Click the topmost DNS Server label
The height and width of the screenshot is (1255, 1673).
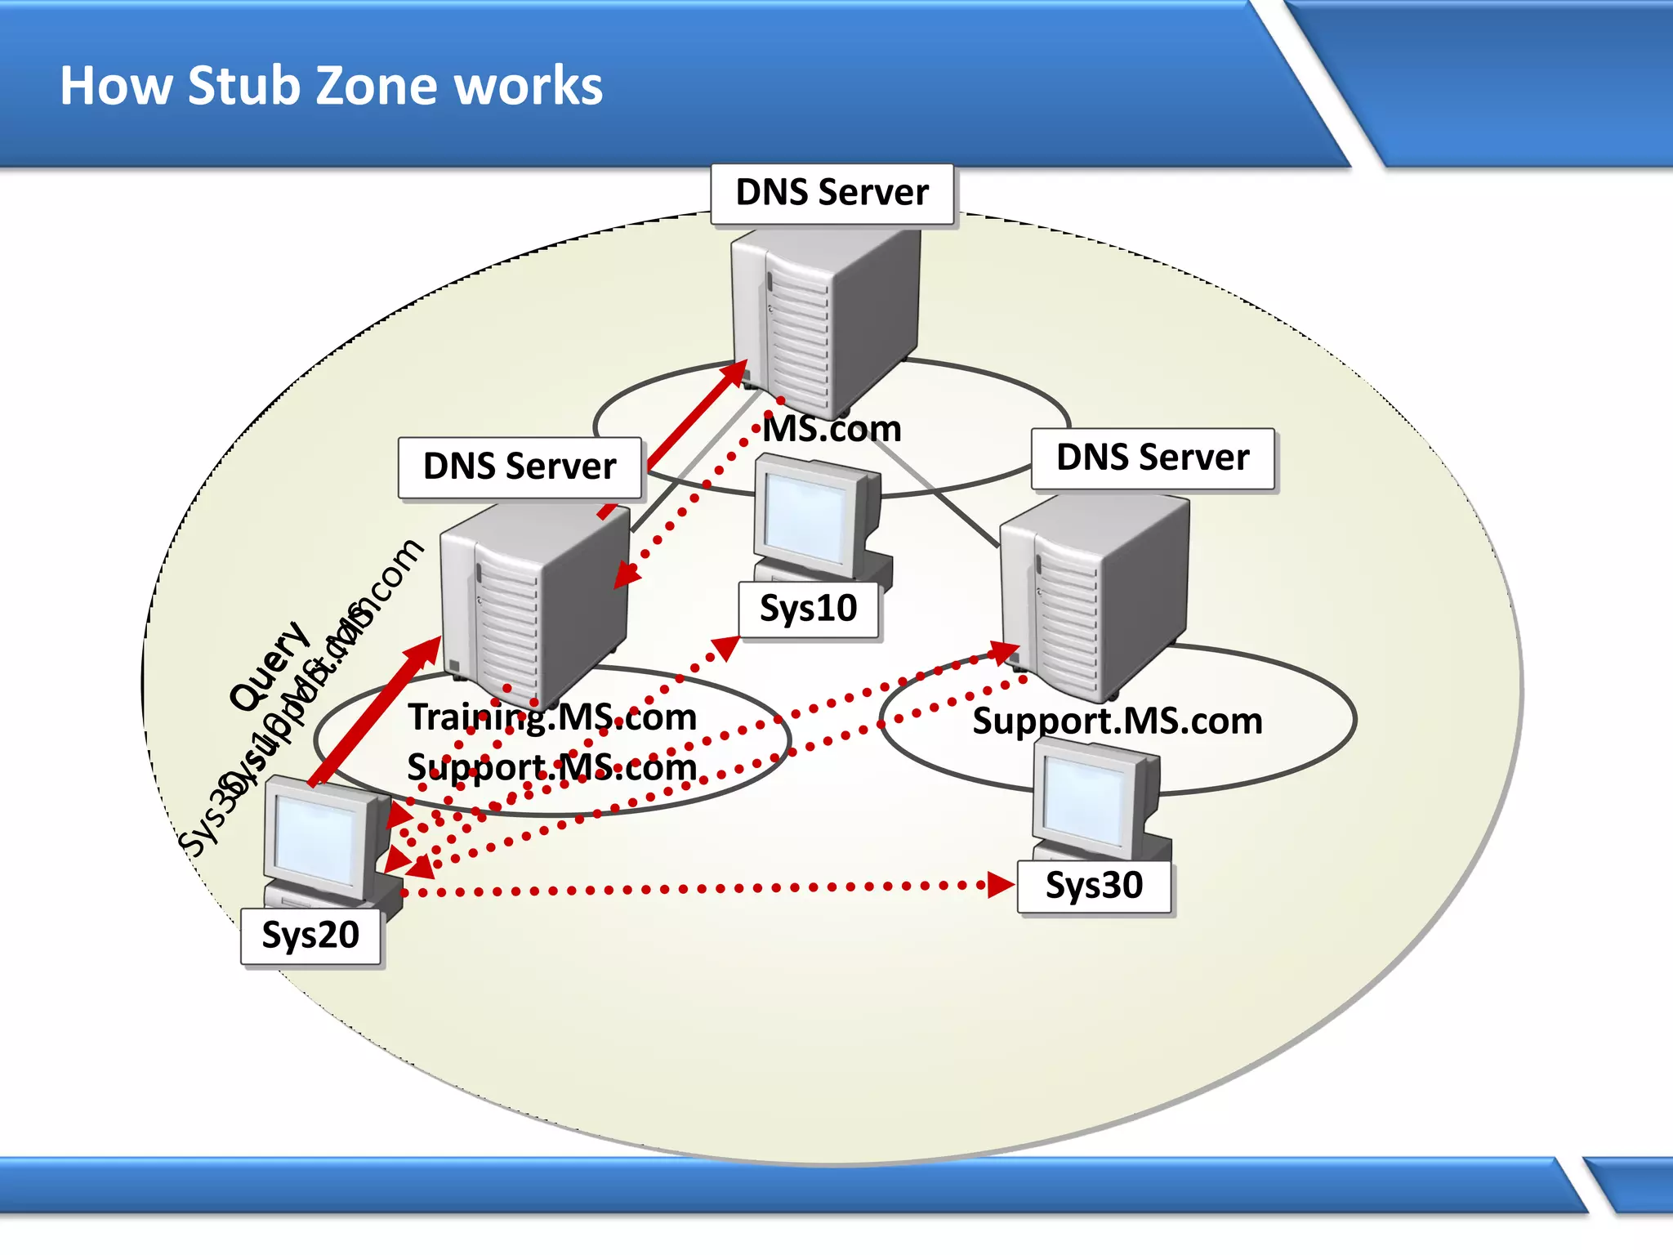832,194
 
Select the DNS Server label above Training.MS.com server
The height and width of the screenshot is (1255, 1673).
520,467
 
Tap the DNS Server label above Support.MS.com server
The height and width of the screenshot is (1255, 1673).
1152,458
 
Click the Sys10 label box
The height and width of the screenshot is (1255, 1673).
808,609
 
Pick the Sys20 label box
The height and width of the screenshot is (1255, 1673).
310,936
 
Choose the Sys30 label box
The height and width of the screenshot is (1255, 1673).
1093,887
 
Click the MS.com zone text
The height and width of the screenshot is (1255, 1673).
832,430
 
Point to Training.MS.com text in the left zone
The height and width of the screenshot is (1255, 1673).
552,717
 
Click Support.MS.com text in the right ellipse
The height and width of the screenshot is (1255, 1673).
1117,721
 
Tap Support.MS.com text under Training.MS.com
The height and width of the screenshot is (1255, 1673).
552,767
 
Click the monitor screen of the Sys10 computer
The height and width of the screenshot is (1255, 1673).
805,516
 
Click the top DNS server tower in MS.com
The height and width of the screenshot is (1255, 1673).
825,319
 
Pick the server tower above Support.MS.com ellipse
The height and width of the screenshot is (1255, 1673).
1095,596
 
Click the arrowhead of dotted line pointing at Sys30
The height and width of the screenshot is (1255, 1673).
1000,885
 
